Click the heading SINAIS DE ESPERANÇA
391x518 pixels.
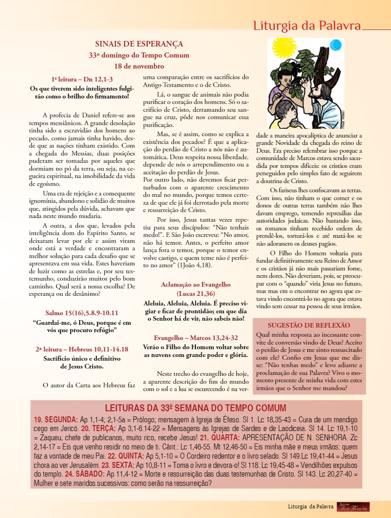139,44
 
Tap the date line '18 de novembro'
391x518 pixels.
139,66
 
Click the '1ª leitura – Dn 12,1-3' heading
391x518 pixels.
82,79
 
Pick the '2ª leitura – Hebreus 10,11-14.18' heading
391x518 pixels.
82,349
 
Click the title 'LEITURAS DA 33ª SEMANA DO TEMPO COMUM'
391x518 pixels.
195,408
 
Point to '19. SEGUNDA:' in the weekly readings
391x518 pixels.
56,420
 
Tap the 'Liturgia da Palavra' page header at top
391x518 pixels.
307,26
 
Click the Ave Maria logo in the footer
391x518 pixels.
353,506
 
